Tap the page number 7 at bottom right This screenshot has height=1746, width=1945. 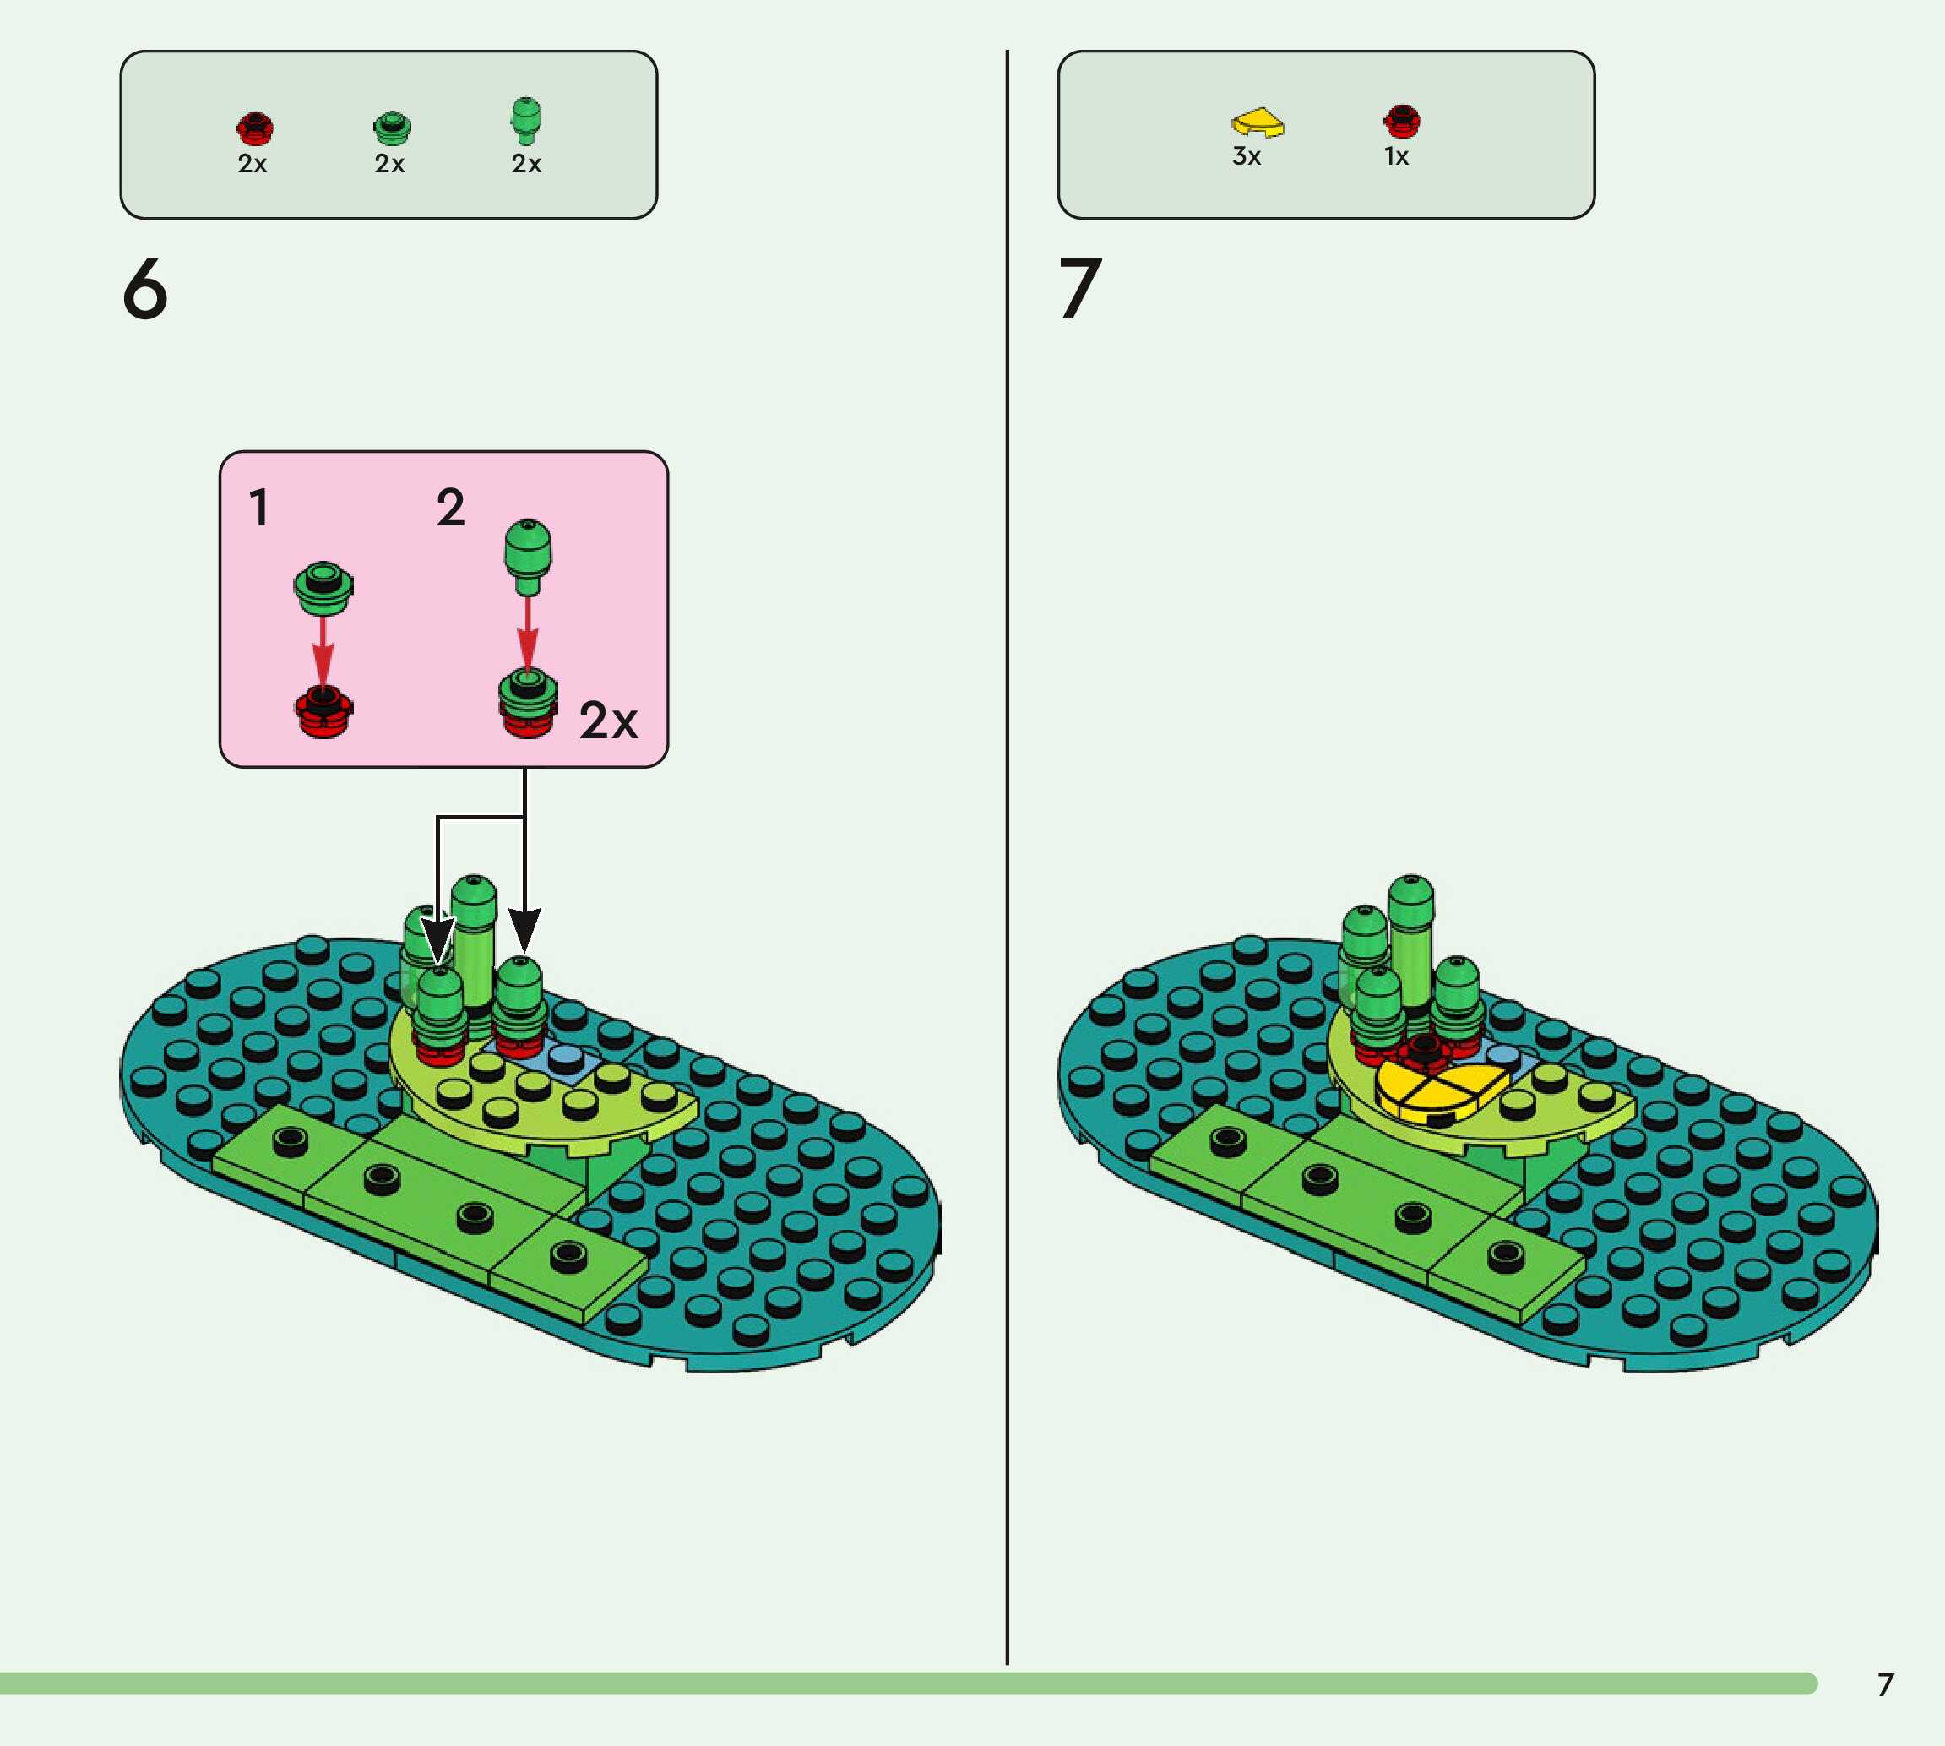(1886, 1684)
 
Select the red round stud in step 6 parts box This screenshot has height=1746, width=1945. (255, 128)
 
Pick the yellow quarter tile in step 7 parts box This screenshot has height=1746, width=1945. (1258, 122)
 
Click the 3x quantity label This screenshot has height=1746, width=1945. (1246, 156)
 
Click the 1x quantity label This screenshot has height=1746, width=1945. (1396, 156)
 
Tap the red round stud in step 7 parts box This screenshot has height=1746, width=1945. (1401, 121)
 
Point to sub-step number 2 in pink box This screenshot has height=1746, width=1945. (451, 508)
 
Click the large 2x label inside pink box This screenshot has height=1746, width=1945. (608, 721)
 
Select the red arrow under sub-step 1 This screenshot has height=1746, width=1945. (323, 650)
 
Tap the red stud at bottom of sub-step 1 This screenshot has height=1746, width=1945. (323, 712)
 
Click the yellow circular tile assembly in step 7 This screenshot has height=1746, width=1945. (1442, 1090)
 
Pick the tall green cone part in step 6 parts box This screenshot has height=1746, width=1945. (525, 120)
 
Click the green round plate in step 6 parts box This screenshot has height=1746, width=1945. (391, 128)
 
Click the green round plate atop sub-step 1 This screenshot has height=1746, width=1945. (323, 587)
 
